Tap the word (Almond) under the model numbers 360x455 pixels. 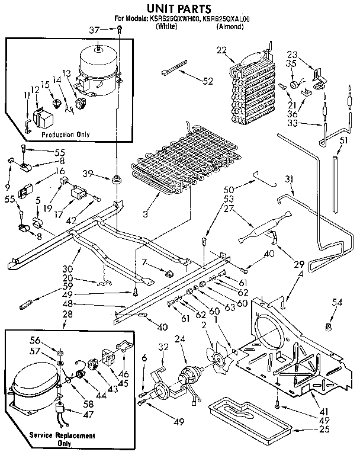[229, 27]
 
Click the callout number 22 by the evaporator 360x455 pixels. [222, 51]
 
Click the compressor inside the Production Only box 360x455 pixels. [97, 70]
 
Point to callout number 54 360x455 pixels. [337, 303]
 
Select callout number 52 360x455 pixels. [207, 81]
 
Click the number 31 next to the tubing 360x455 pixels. [289, 180]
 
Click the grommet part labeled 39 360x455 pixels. [116, 178]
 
